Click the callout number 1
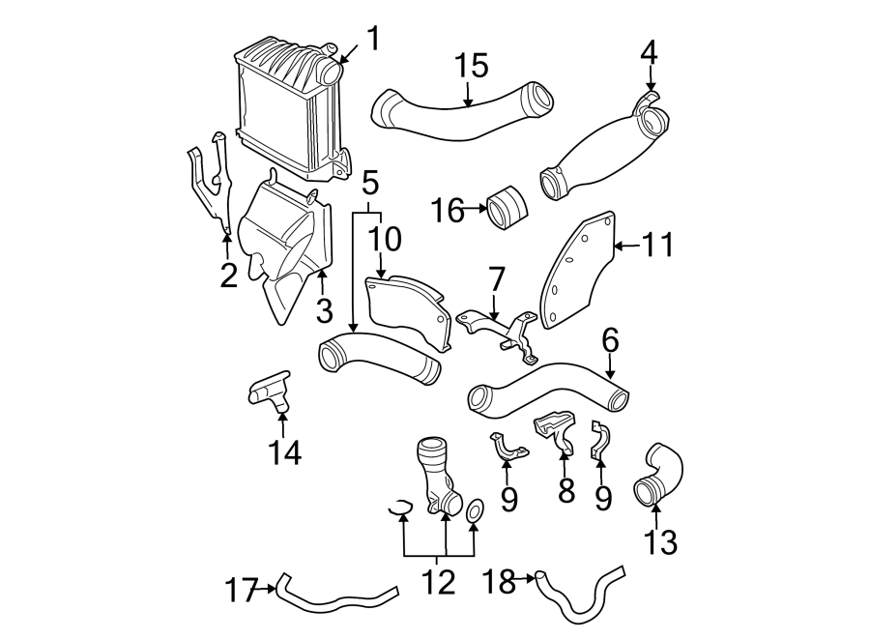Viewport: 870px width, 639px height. pyautogui.click(x=373, y=40)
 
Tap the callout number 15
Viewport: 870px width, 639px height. pyautogui.click(x=473, y=67)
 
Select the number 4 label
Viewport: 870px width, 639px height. pyautogui.click(x=650, y=50)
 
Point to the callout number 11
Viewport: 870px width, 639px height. pyautogui.click(x=657, y=246)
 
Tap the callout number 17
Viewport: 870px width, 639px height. pyautogui.click(x=244, y=589)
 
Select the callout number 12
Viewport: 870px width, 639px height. pyautogui.click(x=438, y=582)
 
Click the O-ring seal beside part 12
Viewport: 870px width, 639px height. pyautogui.click(x=475, y=511)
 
